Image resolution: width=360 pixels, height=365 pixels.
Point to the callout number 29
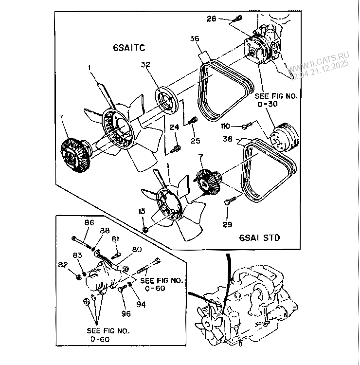tap(228, 224)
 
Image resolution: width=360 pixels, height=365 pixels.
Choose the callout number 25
tap(195, 141)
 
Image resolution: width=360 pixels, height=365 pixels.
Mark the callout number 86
tap(89, 222)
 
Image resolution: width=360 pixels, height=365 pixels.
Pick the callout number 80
tap(137, 250)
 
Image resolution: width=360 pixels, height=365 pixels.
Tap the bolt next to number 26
tap(237, 19)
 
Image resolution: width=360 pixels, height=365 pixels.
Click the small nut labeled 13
tap(145, 228)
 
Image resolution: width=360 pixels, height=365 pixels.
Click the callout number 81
tap(115, 239)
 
